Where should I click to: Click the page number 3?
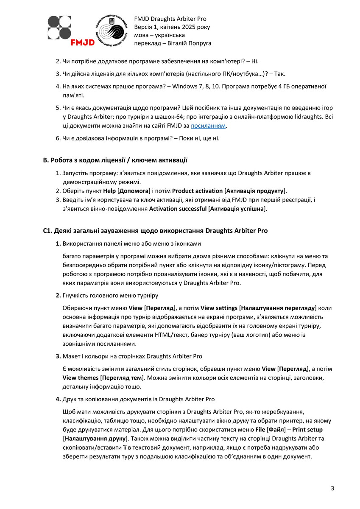click(x=332, y=488)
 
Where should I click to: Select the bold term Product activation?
click(x=197, y=191)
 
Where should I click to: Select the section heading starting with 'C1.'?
click(x=155, y=231)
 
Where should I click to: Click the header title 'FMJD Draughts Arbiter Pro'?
click(x=170, y=19)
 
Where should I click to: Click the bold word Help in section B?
click(x=110, y=191)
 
